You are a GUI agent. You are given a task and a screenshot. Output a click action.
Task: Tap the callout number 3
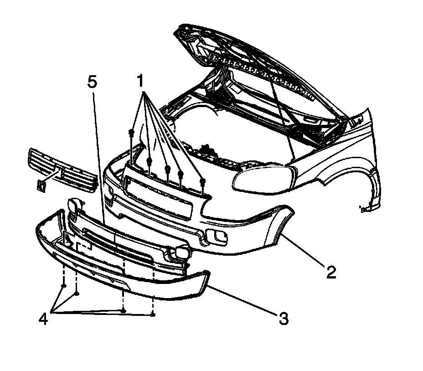[283, 318]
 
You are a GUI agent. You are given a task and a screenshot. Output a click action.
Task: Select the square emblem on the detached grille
[41, 185]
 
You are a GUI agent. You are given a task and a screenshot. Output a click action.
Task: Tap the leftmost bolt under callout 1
[131, 133]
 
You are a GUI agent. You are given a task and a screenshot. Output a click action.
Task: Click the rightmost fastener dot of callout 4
[153, 314]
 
